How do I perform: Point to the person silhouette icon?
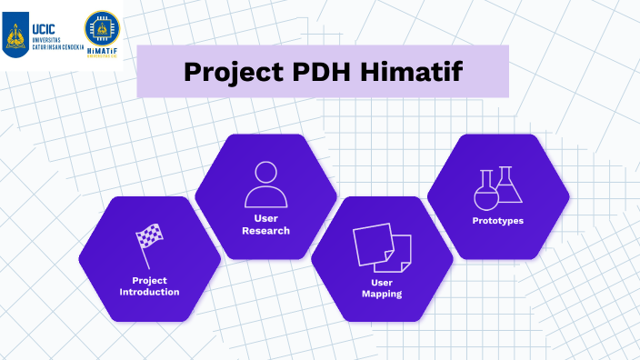[265, 184]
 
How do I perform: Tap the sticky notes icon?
[382, 248]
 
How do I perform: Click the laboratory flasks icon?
[498, 188]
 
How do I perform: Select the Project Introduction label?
[149, 285]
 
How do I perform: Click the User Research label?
[265, 225]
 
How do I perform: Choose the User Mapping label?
[382, 288]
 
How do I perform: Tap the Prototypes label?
[498, 221]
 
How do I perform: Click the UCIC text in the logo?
[44, 16]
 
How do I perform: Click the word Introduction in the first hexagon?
[149, 292]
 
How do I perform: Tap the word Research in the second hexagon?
[265, 231]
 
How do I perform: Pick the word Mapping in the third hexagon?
[382, 295]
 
